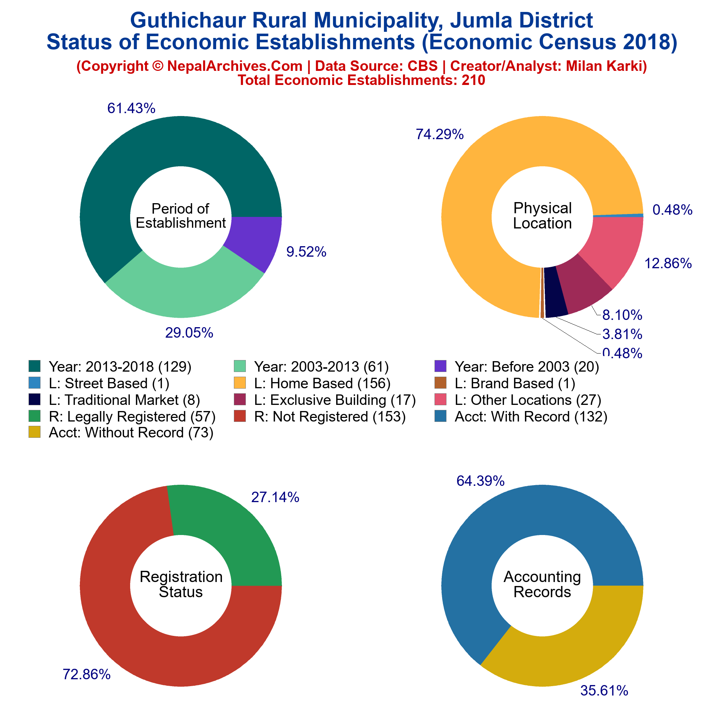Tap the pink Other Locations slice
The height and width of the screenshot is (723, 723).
click(x=614, y=247)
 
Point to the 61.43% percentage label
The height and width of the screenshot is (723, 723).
click(x=131, y=108)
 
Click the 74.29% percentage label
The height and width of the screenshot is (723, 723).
click(x=440, y=134)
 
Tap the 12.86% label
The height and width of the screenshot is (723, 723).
click(x=668, y=264)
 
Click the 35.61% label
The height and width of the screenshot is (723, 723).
click(x=604, y=691)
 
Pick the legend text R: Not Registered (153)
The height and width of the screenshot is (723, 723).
click(x=330, y=416)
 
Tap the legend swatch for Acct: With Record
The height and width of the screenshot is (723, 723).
click(x=440, y=416)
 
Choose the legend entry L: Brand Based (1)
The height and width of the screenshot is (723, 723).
click(x=515, y=383)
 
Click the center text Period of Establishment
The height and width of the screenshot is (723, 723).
click(x=181, y=216)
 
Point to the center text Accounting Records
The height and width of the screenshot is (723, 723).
click(x=542, y=584)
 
